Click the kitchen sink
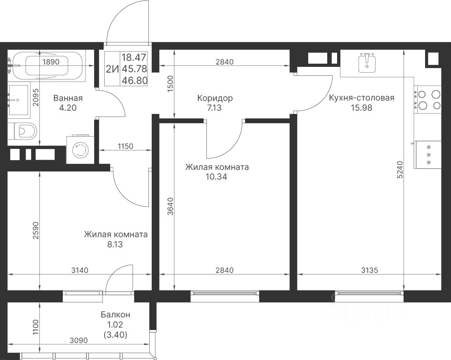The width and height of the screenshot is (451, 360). click(x=367, y=63)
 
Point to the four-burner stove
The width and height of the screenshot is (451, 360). click(x=427, y=99)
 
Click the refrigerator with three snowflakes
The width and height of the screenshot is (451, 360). click(x=428, y=155)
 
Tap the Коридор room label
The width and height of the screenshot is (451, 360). click(x=215, y=99)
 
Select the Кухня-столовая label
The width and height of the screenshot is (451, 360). click(x=361, y=98)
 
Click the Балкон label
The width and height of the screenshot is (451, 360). click(x=115, y=315)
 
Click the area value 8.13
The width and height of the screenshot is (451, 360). click(x=115, y=244)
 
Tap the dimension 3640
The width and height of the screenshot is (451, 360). click(x=170, y=206)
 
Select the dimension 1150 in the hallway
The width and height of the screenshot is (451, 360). click(x=125, y=146)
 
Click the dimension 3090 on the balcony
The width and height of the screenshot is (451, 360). click(x=79, y=341)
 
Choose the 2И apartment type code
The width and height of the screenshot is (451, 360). click(x=112, y=69)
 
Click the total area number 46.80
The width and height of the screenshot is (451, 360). click(x=134, y=80)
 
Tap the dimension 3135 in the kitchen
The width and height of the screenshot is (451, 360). click(x=369, y=270)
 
